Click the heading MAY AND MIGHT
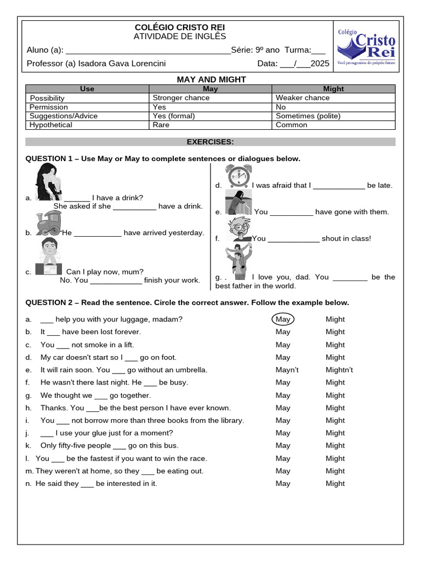coord(211,79)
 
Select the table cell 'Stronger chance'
coord(181,98)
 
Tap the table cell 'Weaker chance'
coord(303,98)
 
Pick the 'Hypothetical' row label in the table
coord(51,125)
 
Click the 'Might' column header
coord(333,89)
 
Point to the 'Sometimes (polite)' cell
coord(308,116)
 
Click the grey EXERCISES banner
coord(210,142)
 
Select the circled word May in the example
coord(283,319)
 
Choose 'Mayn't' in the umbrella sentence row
coord(287,370)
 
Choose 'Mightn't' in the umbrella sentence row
coord(339,370)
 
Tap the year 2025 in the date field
coord(320,64)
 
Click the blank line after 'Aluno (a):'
coord(148,51)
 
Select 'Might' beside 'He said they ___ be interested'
coord(335,484)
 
